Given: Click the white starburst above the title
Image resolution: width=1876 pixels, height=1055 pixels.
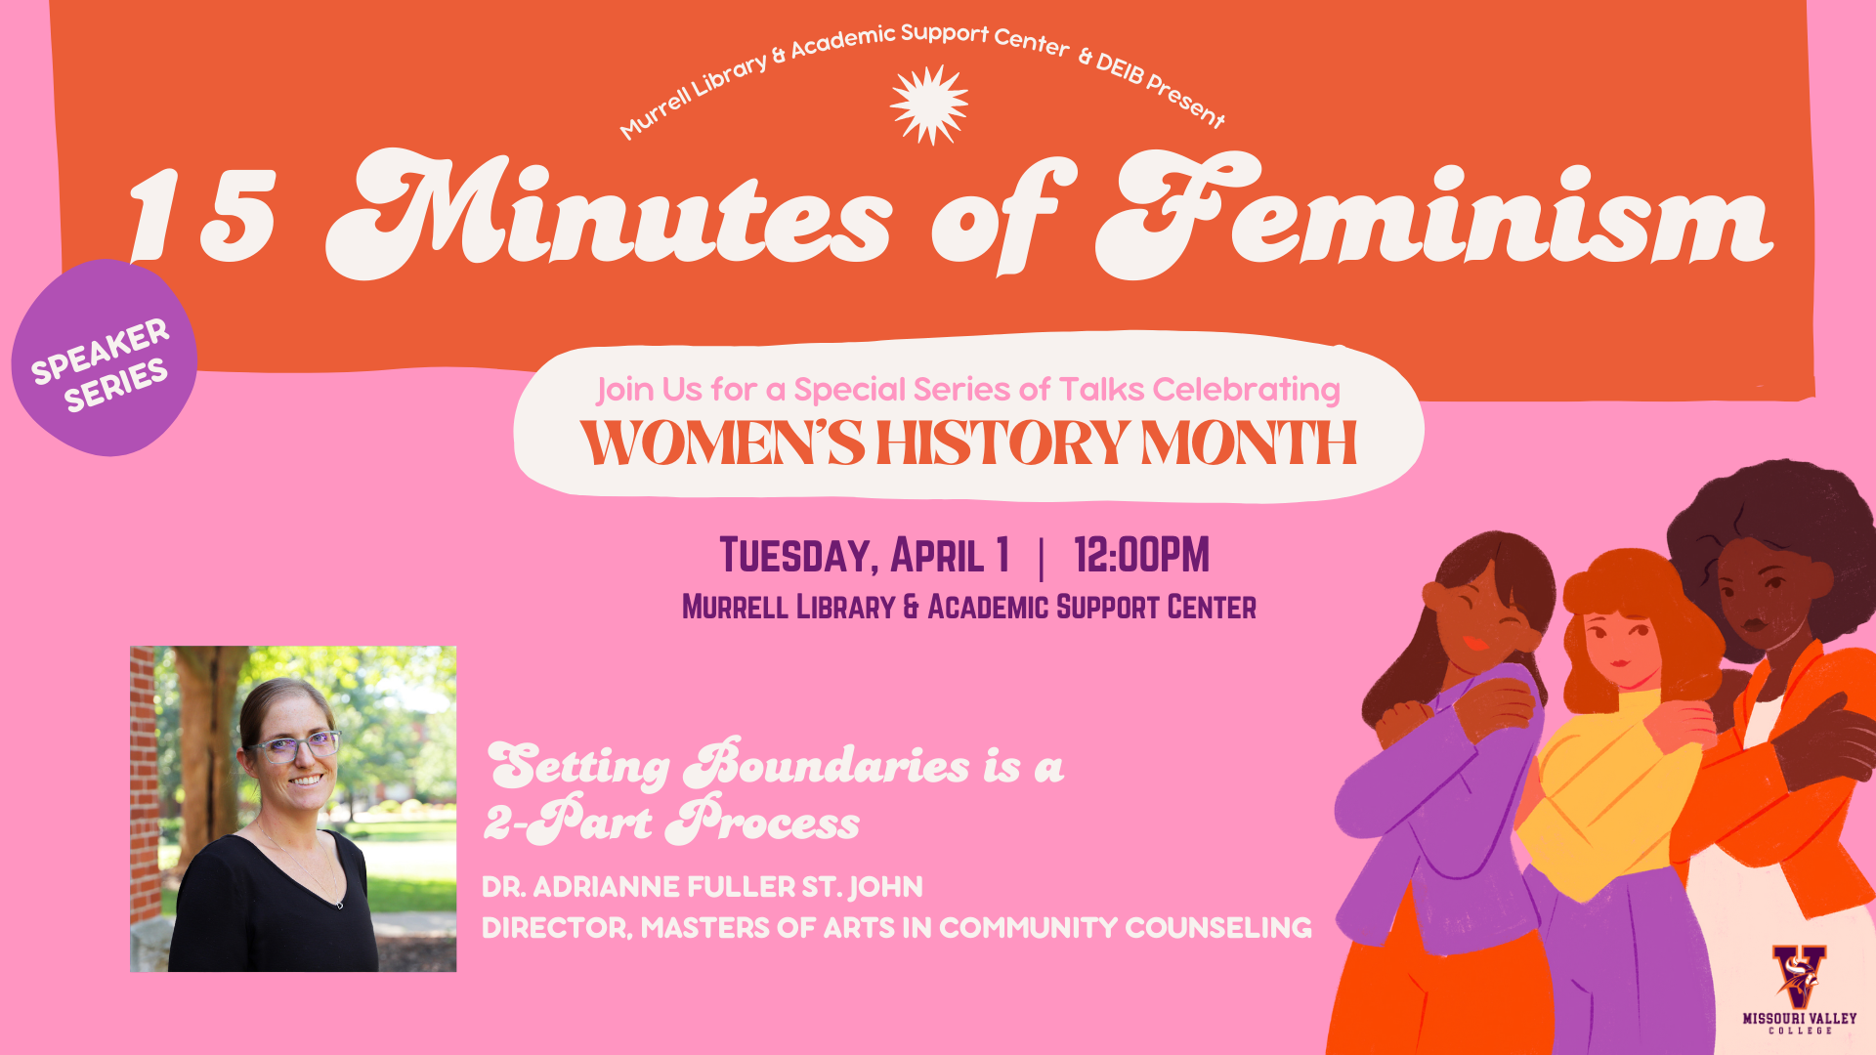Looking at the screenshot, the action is click(929, 105).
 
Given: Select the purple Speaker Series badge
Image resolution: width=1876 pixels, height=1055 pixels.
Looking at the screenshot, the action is click(104, 358).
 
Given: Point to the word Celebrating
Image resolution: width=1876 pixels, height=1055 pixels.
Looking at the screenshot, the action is click(1246, 390).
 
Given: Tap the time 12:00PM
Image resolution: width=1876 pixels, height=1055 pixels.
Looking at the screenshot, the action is click(1141, 555).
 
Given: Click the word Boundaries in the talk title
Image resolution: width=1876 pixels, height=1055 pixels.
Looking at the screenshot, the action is click(827, 764).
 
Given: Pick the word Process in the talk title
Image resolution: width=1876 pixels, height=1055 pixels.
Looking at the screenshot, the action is click(762, 821).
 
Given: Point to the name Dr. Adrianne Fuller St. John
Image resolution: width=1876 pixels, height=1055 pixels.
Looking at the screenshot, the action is click(702, 887).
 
